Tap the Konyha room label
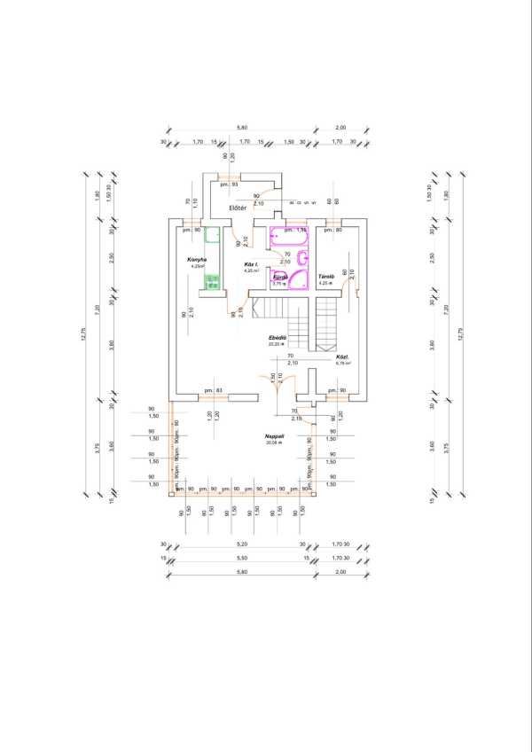point(197,259)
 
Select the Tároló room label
point(325,277)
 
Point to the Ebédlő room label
point(277,338)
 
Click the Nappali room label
point(273,435)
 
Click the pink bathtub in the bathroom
point(288,237)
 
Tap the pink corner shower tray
point(298,280)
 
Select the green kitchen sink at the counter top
point(212,236)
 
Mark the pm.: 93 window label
point(229,184)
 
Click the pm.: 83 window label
point(211,390)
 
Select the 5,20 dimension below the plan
point(241,544)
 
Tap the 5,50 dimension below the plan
point(241,558)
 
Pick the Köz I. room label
point(251,264)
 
